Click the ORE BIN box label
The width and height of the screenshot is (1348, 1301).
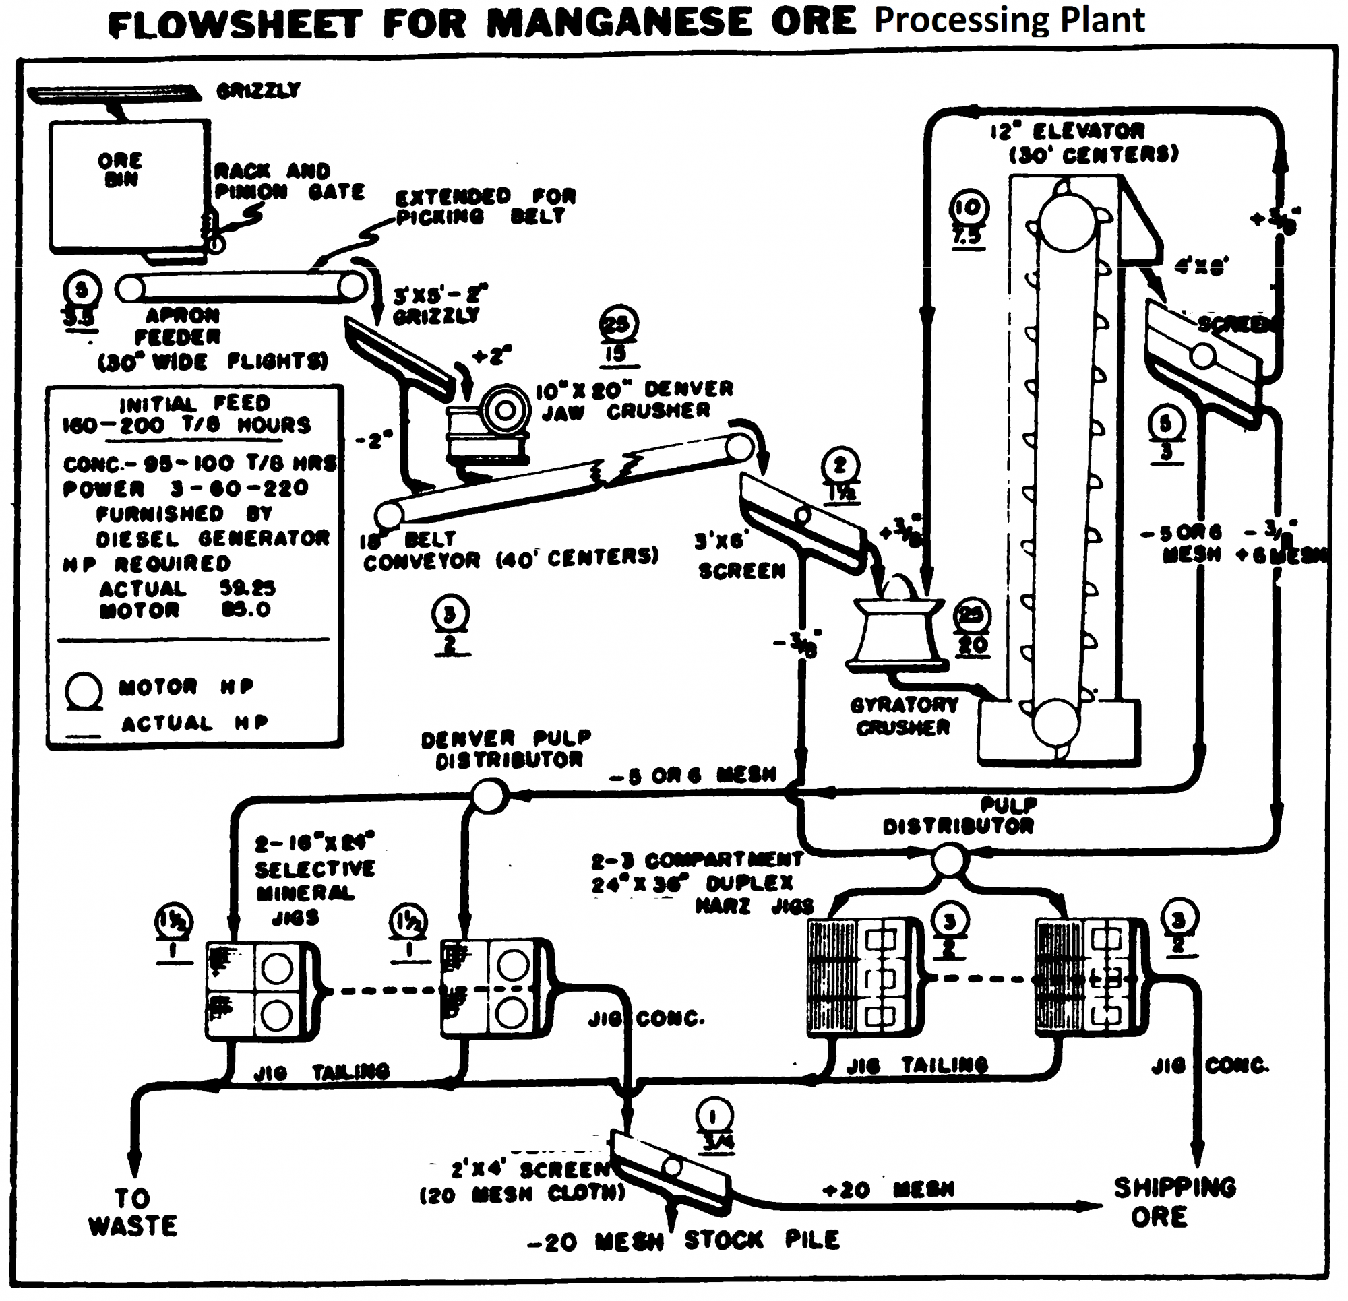click(121, 170)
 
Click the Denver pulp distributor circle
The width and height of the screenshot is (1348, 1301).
click(490, 796)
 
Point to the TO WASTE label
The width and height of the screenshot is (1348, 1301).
click(133, 1212)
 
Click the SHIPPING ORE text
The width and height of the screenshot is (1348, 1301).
click(1174, 1202)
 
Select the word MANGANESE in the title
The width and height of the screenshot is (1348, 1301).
click(619, 23)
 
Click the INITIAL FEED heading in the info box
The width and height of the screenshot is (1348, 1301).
click(195, 403)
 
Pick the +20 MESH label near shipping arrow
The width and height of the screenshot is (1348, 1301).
click(888, 1190)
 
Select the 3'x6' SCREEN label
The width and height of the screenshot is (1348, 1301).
click(739, 557)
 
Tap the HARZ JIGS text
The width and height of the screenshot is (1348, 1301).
click(754, 906)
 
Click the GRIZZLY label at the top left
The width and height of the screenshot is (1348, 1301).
click(258, 91)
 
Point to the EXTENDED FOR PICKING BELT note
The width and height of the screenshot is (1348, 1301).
click(485, 206)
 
